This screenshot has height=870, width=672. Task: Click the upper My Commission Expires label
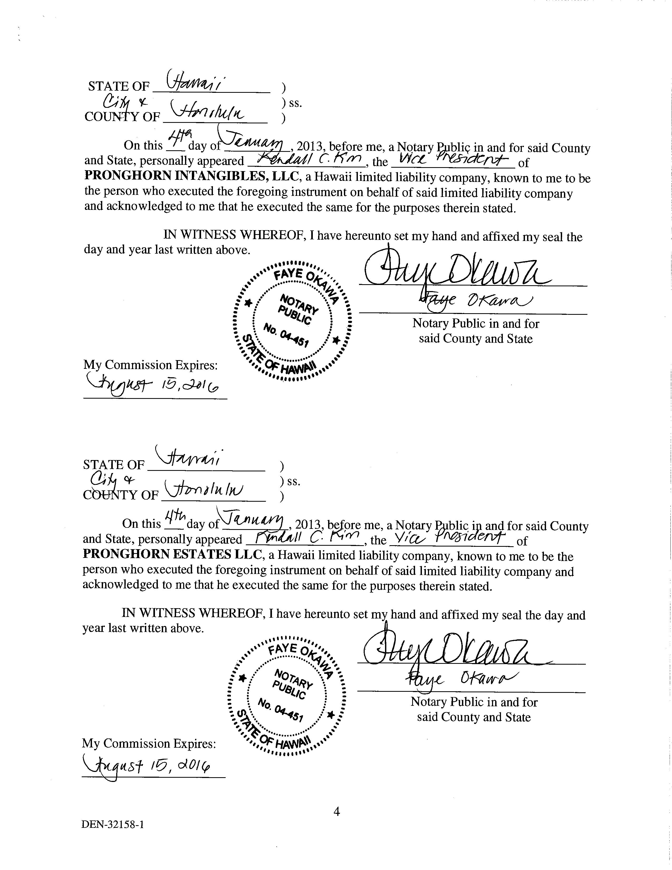150,365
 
